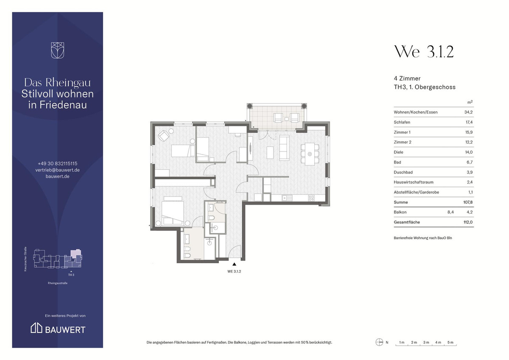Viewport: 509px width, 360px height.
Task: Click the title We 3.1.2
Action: (x=424, y=52)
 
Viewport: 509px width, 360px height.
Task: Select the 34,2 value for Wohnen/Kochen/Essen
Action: (x=468, y=112)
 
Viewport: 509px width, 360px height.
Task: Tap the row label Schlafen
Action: (x=402, y=122)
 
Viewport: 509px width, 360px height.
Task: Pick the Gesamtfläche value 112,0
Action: (x=468, y=222)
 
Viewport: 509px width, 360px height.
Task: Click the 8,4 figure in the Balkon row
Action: (x=450, y=212)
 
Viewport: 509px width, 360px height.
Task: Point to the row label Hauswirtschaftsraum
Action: (x=413, y=182)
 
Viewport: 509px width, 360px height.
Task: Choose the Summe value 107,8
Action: (x=468, y=202)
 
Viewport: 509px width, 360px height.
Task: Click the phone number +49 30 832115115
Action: (x=58, y=163)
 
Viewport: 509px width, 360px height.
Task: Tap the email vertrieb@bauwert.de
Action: (x=58, y=170)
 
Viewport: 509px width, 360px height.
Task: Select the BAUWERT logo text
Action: (x=65, y=330)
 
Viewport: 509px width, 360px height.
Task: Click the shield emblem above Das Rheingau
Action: (x=58, y=50)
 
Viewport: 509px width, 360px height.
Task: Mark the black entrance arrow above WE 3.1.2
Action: (x=234, y=264)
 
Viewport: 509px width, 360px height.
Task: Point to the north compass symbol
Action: (x=379, y=342)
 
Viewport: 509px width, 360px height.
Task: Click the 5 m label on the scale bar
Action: (x=450, y=342)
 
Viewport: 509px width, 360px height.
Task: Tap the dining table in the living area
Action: (x=310, y=154)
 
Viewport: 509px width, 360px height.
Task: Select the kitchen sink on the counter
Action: (x=287, y=198)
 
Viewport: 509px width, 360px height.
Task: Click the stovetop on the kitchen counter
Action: (x=311, y=198)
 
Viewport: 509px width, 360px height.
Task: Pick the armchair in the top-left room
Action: (x=164, y=136)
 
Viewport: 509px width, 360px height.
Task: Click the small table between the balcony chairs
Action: (x=287, y=119)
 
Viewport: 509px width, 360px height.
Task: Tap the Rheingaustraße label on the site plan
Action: (x=58, y=283)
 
